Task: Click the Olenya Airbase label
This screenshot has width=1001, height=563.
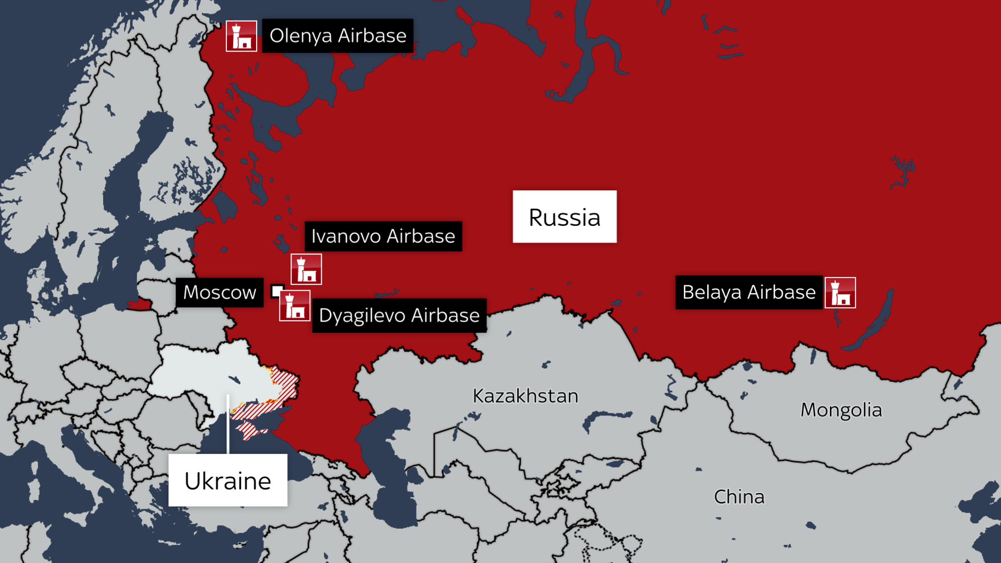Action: pyautogui.click(x=338, y=36)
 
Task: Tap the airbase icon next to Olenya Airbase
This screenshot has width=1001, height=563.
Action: pyautogui.click(x=241, y=36)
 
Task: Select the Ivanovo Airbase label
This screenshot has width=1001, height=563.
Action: pyautogui.click(x=383, y=237)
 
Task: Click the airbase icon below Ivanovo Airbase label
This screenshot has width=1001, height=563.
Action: pyautogui.click(x=306, y=269)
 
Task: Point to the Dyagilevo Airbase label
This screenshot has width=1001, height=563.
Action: pyautogui.click(x=399, y=316)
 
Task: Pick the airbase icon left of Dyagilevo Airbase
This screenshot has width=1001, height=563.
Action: pyautogui.click(x=295, y=306)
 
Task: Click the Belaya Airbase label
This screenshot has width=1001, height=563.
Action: pyautogui.click(x=749, y=292)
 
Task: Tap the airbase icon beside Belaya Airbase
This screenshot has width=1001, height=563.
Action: pyautogui.click(x=840, y=293)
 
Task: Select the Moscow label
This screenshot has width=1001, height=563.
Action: pyautogui.click(x=219, y=293)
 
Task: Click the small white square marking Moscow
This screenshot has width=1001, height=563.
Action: pyautogui.click(x=277, y=291)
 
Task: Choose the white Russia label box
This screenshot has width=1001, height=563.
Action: pyautogui.click(x=565, y=217)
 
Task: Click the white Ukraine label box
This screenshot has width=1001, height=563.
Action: pyautogui.click(x=228, y=480)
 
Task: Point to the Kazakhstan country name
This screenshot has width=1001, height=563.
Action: pyautogui.click(x=525, y=396)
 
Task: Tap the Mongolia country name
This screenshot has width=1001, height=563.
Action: pyautogui.click(x=841, y=410)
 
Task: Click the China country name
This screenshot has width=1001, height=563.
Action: pyautogui.click(x=739, y=497)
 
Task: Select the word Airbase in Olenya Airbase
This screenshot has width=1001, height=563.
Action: pyautogui.click(x=372, y=36)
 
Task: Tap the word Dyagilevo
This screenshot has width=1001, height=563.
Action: pyautogui.click(x=362, y=316)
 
